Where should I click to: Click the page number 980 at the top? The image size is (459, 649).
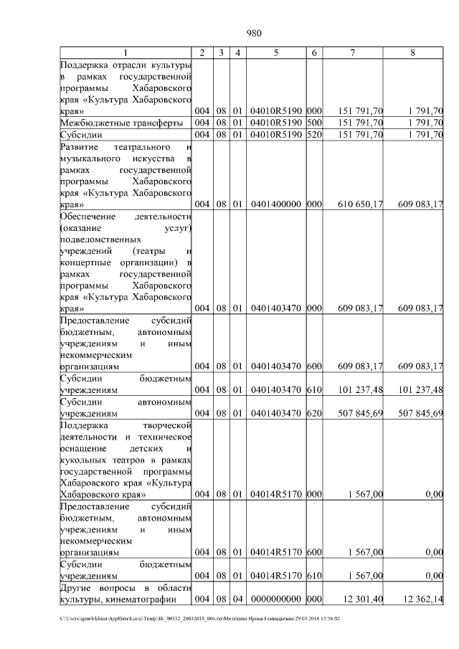(254, 34)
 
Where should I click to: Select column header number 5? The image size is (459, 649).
(276, 52)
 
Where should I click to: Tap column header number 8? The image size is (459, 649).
(412, 52)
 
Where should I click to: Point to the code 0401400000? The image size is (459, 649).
(276, 204)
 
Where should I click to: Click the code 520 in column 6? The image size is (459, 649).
(314, 134)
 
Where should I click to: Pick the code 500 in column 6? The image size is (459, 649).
(314, 123)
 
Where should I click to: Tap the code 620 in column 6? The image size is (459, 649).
(314, 413)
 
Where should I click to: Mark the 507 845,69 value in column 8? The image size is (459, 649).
(419, 413)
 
